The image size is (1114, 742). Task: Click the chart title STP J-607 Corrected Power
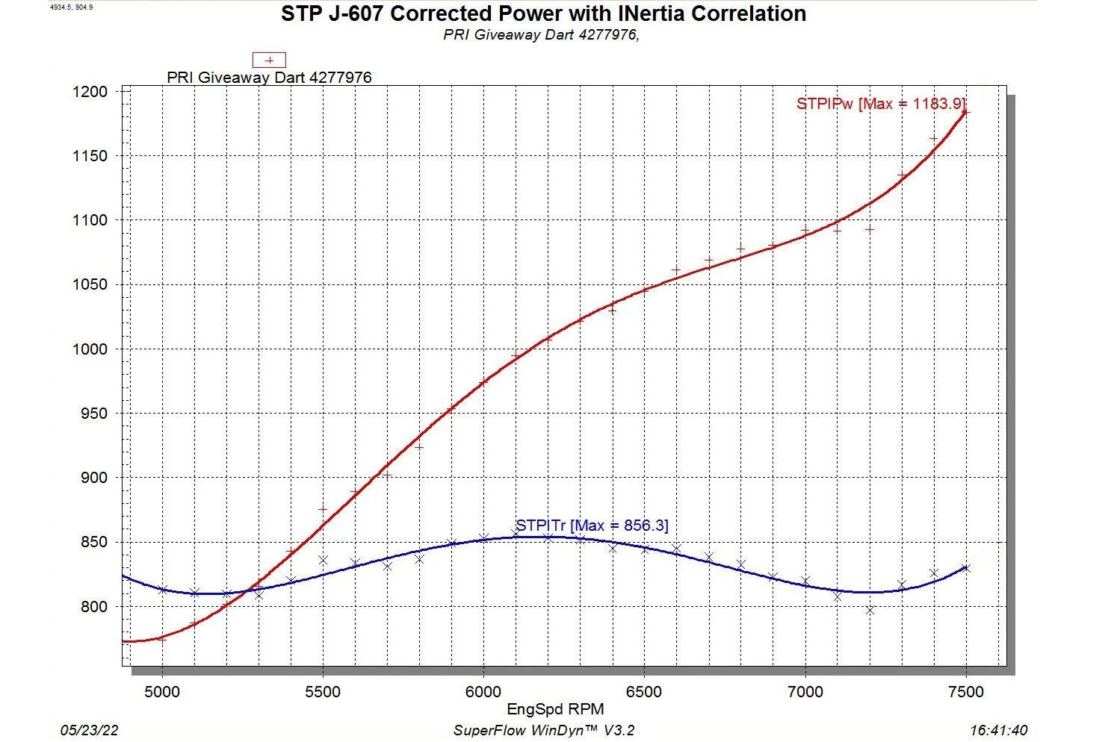(x=543, y=14)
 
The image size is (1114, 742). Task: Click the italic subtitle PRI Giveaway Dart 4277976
(x=541, y=35)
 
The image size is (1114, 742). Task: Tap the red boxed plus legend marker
(x=269, y=60)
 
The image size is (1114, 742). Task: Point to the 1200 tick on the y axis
(x=90, y=92)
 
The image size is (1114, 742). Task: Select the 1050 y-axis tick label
(x=90, y=284)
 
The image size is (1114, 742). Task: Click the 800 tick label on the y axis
(x=93, y=607)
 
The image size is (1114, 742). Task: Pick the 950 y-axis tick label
(x=93, y=414)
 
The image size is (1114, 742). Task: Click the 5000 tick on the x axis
(x=162, y=692)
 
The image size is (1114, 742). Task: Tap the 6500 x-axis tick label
(x=644, y=692)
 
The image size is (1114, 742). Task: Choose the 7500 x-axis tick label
(x=965, y=692)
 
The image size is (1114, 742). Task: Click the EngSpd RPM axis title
(x=555, y=709)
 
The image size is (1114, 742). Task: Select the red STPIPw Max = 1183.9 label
(x=880, y=104)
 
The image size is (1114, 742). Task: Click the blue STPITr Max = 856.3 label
(x=592, y=526)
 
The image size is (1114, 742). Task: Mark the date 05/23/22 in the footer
(x=89, y=730)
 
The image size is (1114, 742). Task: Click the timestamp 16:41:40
(x=998, y=730)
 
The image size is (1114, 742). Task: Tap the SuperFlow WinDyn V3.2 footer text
(x=544, y=730)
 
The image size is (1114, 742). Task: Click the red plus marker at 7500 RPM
(x=965, y=112)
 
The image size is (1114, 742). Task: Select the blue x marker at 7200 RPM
(x=870, y=610)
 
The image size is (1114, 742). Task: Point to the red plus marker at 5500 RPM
(x=323, y=509)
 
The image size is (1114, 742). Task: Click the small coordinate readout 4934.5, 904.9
(x=71, y=7)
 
